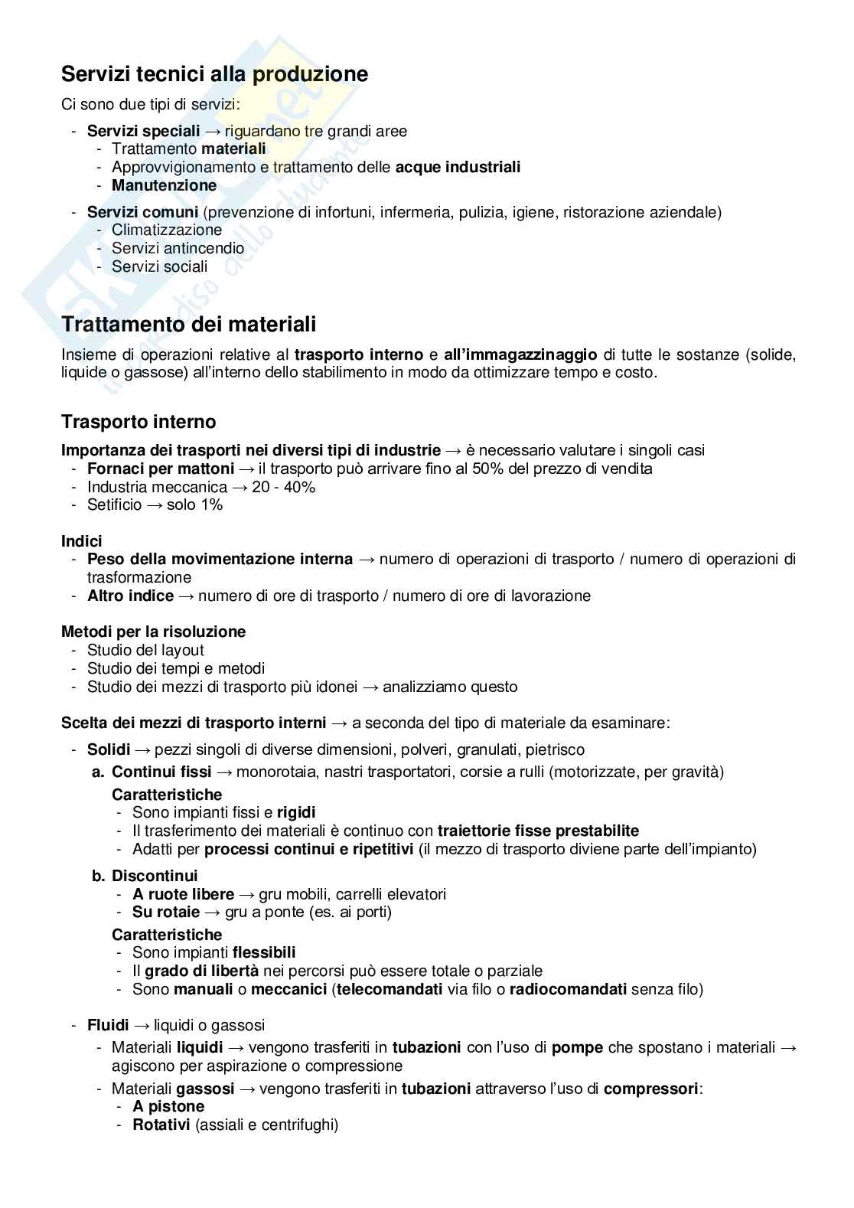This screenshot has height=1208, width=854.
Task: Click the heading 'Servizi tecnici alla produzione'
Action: tap(214, 74)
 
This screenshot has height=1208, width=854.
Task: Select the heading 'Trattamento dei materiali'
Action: tap(188, 325)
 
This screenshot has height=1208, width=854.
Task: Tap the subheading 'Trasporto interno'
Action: tap(139, 422)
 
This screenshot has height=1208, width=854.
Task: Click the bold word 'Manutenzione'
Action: tap(164, 185)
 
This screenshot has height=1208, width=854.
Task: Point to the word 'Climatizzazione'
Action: tap(166, 230)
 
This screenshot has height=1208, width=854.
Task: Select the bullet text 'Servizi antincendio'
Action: tap(178, 248)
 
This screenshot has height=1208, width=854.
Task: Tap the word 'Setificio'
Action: tap(114, 504)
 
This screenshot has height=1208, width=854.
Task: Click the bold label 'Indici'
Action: tap(81, 541)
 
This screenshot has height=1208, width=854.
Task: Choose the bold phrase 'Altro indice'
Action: tap(130, 596)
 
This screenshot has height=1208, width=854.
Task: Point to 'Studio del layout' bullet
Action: tap(145, 650)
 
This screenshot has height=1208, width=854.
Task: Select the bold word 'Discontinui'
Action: tap(155, 876)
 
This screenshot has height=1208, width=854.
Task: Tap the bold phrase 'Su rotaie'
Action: tap(165, 912)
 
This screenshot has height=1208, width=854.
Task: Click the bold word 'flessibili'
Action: tap(264, 952)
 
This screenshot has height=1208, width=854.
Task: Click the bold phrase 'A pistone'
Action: tap(168, 1106)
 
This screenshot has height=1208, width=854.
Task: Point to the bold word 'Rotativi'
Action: tap(161, 1125)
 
